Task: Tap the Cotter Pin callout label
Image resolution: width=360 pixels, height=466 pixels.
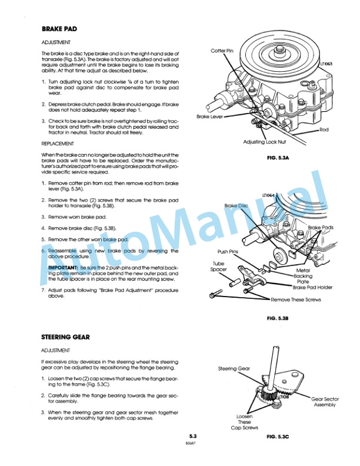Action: (223, 51)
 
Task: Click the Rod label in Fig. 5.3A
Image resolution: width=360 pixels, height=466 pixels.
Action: (324, 129)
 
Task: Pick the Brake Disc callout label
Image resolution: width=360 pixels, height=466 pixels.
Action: (237, 206)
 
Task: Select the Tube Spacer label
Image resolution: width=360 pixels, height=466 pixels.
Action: (219, 267)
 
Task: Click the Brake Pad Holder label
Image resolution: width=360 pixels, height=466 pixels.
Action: (313, 288)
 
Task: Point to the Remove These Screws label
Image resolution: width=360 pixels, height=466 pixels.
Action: (298, 299)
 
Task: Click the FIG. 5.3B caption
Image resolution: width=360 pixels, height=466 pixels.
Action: (276, 318)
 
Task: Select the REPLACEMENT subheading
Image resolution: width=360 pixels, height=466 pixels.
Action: (58, 143)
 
